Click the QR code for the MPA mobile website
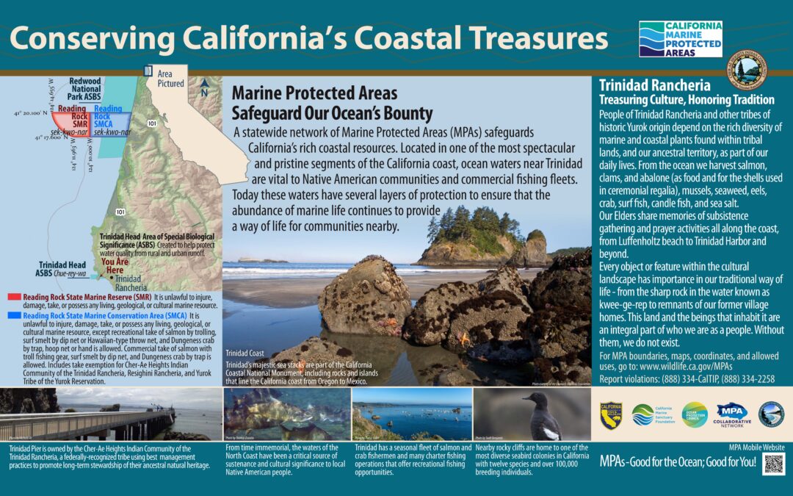click(x=774, y=464)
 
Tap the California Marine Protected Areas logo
click(x=680, y=38)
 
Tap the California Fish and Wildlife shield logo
click(x=611, y=414)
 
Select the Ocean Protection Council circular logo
click(x=693, y=414)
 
